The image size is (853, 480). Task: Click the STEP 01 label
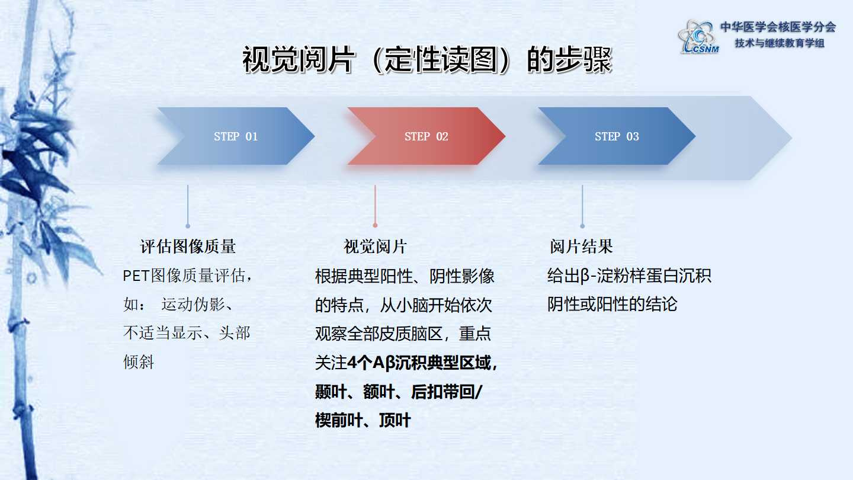(236, 136)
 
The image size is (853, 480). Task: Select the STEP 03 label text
(617, 136)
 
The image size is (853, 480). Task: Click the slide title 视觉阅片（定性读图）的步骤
(427, 59)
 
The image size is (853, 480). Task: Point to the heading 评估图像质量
(188, 247)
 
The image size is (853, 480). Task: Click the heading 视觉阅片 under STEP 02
(375, 247)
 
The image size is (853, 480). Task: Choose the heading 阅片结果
(581, 247)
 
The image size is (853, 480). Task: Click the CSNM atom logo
(698, 37)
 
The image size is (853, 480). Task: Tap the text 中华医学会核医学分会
(778, 27)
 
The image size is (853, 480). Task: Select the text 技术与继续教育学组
(780, 43)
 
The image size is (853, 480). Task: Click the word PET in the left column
(136, 276)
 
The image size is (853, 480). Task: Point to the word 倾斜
(139, 362)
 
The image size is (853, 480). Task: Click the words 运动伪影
(193, 305)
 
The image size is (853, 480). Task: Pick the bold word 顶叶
(395, 421)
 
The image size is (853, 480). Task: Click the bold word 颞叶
(331, 392)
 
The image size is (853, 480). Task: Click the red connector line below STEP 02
(375, 204)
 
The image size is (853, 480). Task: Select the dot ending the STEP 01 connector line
(188, 226)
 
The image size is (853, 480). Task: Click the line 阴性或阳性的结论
(613, 305)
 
